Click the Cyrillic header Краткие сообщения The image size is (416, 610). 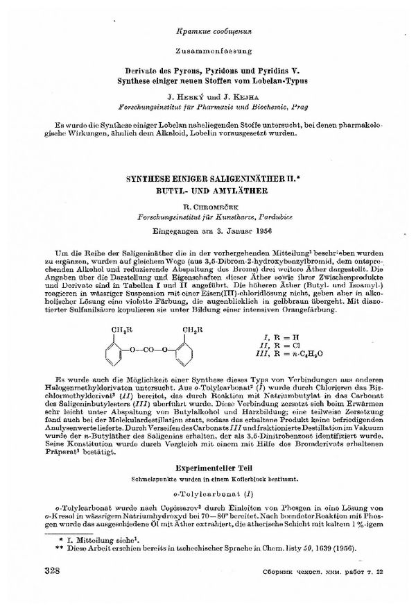[x=208, y=32]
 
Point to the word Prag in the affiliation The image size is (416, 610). [x=291, y=108]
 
